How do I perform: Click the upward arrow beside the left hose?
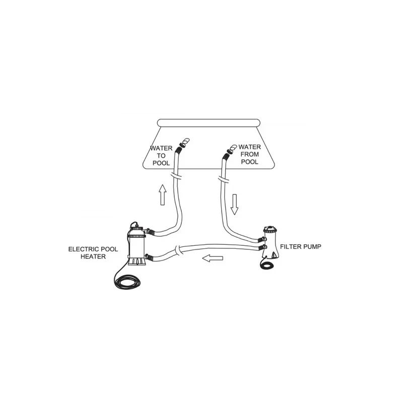point(162,194)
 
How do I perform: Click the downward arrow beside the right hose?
point(234,205)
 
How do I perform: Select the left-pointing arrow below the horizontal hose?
point(213,258)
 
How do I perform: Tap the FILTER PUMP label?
point(300,247)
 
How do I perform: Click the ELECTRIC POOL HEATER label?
point(93,253)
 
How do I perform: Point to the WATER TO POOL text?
point(161,156)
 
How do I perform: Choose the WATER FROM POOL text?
point(249,155)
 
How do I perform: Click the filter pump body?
point(271,242)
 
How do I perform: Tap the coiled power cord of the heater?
point(127,281)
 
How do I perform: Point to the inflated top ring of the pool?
point(209,123)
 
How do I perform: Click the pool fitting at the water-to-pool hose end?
point(184,143)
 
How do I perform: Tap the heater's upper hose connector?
point(150,232)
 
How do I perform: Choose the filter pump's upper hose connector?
point(262,240)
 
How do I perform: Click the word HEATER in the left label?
point(93,256)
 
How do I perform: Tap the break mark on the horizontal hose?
point(178,250)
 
